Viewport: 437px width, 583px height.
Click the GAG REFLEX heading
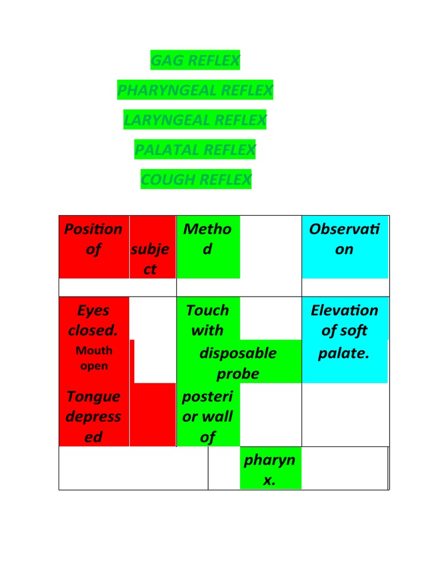tap(195, 60)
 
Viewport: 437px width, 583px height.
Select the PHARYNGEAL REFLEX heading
tap(195, 89)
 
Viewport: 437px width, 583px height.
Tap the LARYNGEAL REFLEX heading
tap(195, 120)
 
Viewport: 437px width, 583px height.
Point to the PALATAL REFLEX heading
tap(195, 149)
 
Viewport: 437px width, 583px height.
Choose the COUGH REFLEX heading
tap(196, 179)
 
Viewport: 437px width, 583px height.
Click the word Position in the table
tap(93, 229)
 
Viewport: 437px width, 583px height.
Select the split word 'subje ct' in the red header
tap(150, 259)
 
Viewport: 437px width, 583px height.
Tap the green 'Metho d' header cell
tap(208, 247)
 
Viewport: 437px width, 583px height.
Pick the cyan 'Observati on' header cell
tap(345, 247)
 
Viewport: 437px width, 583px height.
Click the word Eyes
tap(93, 310)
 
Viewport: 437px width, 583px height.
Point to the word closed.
tap(93, 330)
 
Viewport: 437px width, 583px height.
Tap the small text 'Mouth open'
tap(94, 358)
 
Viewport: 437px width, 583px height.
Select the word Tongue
tap(93, 397)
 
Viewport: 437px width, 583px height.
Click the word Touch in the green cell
tap(208, 310)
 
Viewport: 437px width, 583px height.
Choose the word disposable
tap(238, 353)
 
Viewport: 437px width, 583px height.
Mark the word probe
tap(238, 373)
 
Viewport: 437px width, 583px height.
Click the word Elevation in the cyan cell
tap(344, 310)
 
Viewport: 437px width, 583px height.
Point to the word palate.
tap(344, 353)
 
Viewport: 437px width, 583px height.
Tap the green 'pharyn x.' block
tap(270, 468)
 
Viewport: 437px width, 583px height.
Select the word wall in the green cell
tap(218, 416)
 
